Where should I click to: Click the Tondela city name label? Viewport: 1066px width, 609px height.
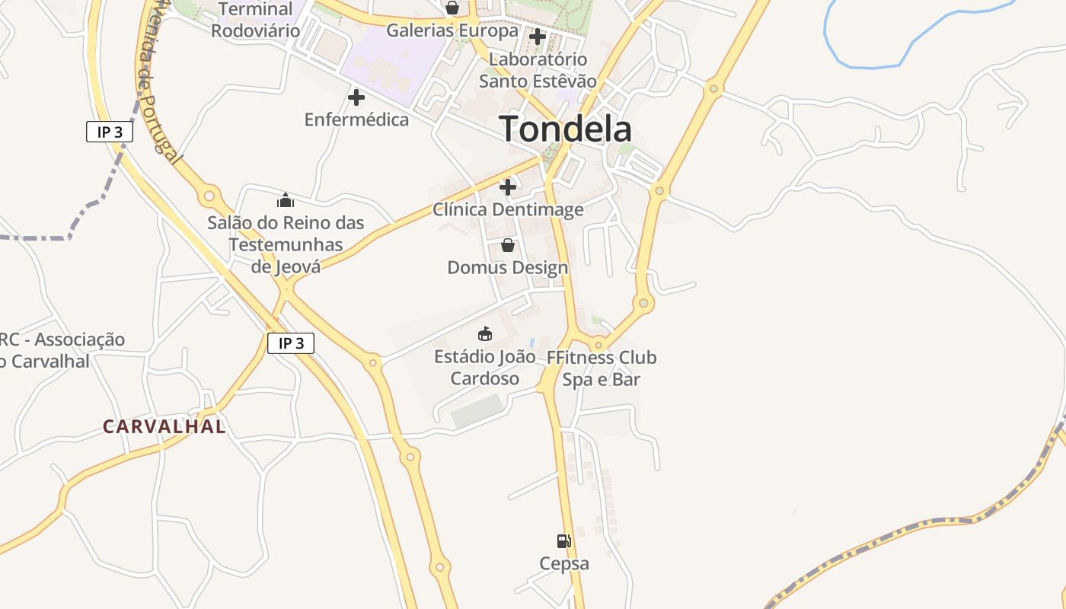[x=565, y=129]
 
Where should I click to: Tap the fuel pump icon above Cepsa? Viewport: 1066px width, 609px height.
[x=563, y=541]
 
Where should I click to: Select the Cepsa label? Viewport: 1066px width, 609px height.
[x=564, y=564]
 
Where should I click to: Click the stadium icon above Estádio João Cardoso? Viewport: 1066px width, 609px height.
[x=484, y=333]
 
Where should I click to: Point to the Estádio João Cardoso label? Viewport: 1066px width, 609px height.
[x=484, y=368]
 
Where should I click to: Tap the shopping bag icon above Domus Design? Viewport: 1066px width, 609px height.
[x=508, y=245]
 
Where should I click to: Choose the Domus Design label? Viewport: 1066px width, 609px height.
[x=508, y=268]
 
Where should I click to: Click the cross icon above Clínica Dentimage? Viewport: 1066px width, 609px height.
[x=508, y=187]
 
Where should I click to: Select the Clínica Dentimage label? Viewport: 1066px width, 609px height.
[x=508, y=209]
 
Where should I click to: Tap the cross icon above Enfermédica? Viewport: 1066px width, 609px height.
[x=356, y=97]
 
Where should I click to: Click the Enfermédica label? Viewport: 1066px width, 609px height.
[x=356, y=120]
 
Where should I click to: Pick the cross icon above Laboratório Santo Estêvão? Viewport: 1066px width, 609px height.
[x=538, y=37]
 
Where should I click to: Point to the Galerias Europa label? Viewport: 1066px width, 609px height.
[x=452, y=31]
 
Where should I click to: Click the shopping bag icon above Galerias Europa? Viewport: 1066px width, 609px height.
[x=452, y=8]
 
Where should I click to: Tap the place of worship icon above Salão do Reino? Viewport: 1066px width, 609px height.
[x=286, y=201]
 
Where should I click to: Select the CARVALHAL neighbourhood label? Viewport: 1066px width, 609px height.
[x=164, y=426]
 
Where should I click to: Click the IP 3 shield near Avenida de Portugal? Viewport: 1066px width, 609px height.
[x=110, y=132]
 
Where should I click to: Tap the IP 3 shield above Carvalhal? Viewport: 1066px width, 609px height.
[x=291, y=343]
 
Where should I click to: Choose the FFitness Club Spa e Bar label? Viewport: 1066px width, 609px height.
[x=602, y=368]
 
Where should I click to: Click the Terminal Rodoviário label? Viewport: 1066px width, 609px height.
[x=255, y=21]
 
